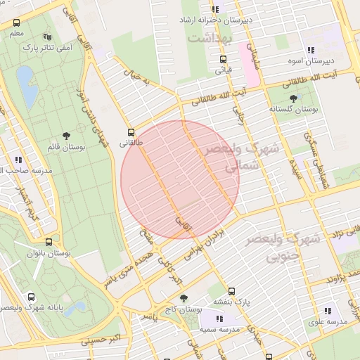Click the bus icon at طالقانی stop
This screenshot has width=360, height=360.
pyautogui.click(x=131, y=131)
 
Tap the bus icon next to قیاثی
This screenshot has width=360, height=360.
pyautogui.click(x=223, y=59)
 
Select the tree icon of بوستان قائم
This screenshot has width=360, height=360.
pyautogui.click(x=66, y=136)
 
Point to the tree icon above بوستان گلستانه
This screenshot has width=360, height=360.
pyautogui.click(x=293, y=98)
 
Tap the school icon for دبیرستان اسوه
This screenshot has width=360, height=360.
pyautogui.click(x=311, y=49)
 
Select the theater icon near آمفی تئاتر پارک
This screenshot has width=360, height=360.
pyautogui.click(x=47, y=37)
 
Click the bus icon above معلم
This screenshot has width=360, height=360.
pyautogui.click(x=16, y=23)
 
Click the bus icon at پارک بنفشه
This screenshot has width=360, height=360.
pyautogui.click(x=232, y=290)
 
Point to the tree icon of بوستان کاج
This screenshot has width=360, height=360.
pyautogui.click(x=184, y=298)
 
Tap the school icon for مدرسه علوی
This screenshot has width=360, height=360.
pyautogui.click(x=328, y=310)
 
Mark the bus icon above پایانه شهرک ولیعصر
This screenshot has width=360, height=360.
pyautogui.click(x=31, y=297)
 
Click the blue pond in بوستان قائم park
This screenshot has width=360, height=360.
pyautogui.click(x=27, y=85)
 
